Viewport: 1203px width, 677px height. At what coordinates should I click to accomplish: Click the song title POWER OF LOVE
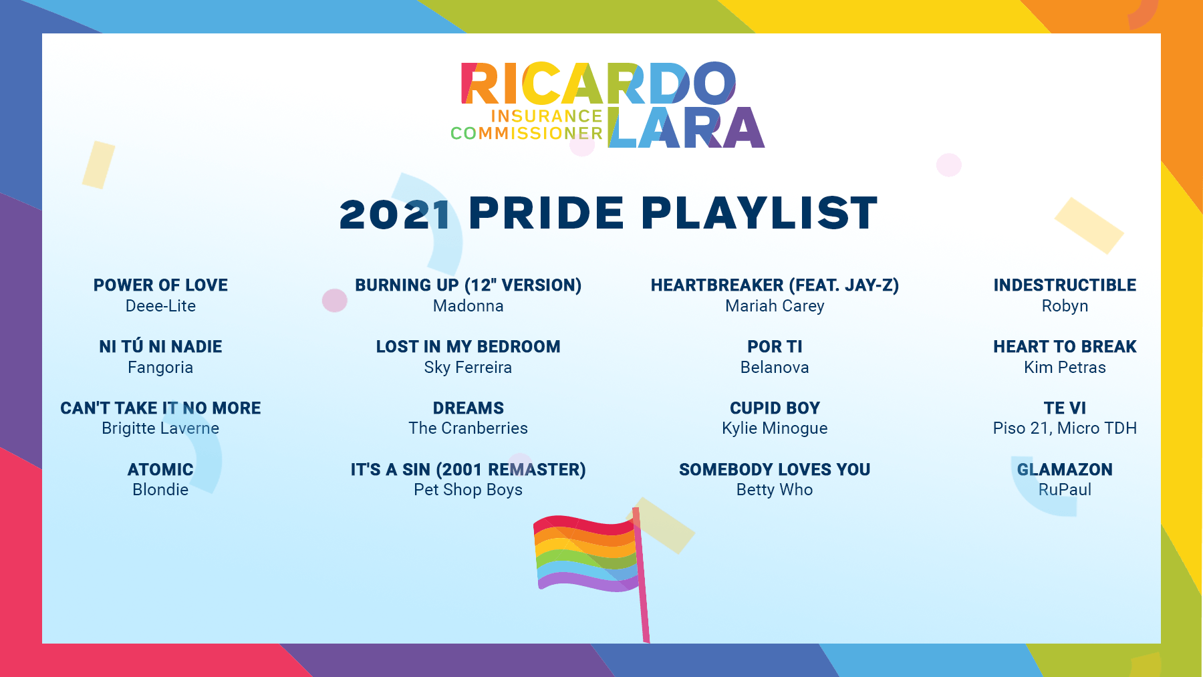[x=160, y=285]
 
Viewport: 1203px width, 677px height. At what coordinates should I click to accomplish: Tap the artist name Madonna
[x=469, y=306]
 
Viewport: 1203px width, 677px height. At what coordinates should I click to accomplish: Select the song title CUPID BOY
[x=775, y=408]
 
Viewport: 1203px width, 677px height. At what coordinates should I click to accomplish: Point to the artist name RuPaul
[x=1065, y=490]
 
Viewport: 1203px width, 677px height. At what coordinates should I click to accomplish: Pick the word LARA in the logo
[x=686, y=128]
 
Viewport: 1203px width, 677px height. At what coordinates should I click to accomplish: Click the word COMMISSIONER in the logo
[x=527, y=134]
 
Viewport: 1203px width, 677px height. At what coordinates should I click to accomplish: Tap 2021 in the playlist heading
[x=395, y=215]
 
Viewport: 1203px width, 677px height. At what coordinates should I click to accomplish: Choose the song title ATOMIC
[x=160, y=470]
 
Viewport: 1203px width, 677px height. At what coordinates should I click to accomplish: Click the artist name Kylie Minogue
[x=775, y=428]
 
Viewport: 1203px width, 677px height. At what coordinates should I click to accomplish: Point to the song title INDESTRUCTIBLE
[x=1065, y=285]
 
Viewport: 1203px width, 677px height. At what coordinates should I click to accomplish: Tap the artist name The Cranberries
[x=469, y=428]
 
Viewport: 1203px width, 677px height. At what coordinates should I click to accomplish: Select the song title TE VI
[x=1065, y=408]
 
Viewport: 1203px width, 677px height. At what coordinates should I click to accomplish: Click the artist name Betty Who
[x=775, y=490]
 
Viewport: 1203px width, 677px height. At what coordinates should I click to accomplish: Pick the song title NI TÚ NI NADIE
[x=160, y=346]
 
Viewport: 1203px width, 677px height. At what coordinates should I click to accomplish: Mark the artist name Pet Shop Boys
[x=469, y=490]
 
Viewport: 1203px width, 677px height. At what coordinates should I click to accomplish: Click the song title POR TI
[x=775, y=347]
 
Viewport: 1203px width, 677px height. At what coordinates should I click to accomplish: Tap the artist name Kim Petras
[x=1065, y=368]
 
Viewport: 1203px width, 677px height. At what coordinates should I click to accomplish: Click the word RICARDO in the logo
[x=599, y=84]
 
